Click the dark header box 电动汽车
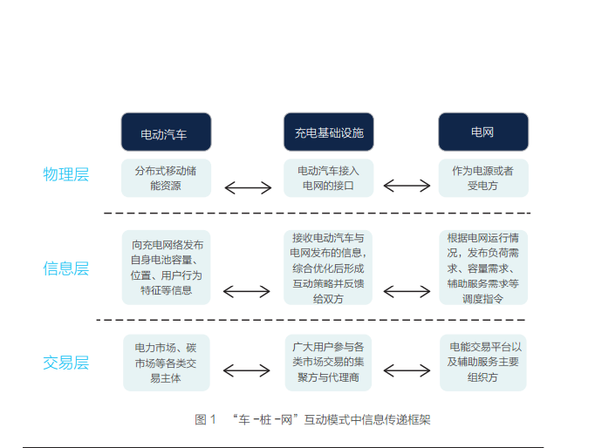click(x=166, y=132)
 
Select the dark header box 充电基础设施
click(x=328, y=132)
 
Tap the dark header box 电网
click(x=482, y=132)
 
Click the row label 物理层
click(x=66, y=174)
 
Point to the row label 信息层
click(x=66, y=268)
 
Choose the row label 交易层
click(x=66, y=363)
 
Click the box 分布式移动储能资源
click(x=166, y=178)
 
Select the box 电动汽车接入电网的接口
click(x=328, y=178)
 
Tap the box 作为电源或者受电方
click(x=482, y=178)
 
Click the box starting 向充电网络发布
click(x=166, y=268)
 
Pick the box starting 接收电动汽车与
click(x=328, y=268)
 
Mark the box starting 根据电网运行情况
click(x=482, y=268)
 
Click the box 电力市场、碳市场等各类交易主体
click(x=166, y=363)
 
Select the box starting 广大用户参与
click(x=328, y=363)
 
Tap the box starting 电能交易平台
click(x=482, y=363)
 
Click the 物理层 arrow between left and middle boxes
click(x=247, y=187)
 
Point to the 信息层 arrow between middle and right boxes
click(x=407, y=291)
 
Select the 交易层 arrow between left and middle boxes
click(x=247, y=370)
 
